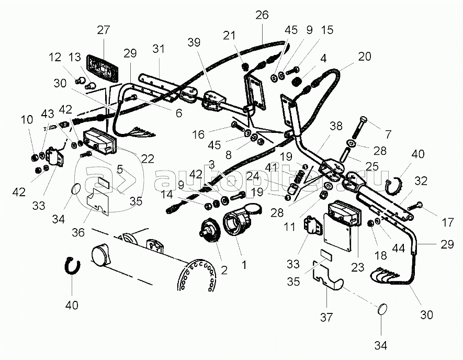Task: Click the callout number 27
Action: point(104,30)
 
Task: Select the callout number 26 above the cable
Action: point(262,15)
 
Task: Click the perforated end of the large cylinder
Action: point(198,276)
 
